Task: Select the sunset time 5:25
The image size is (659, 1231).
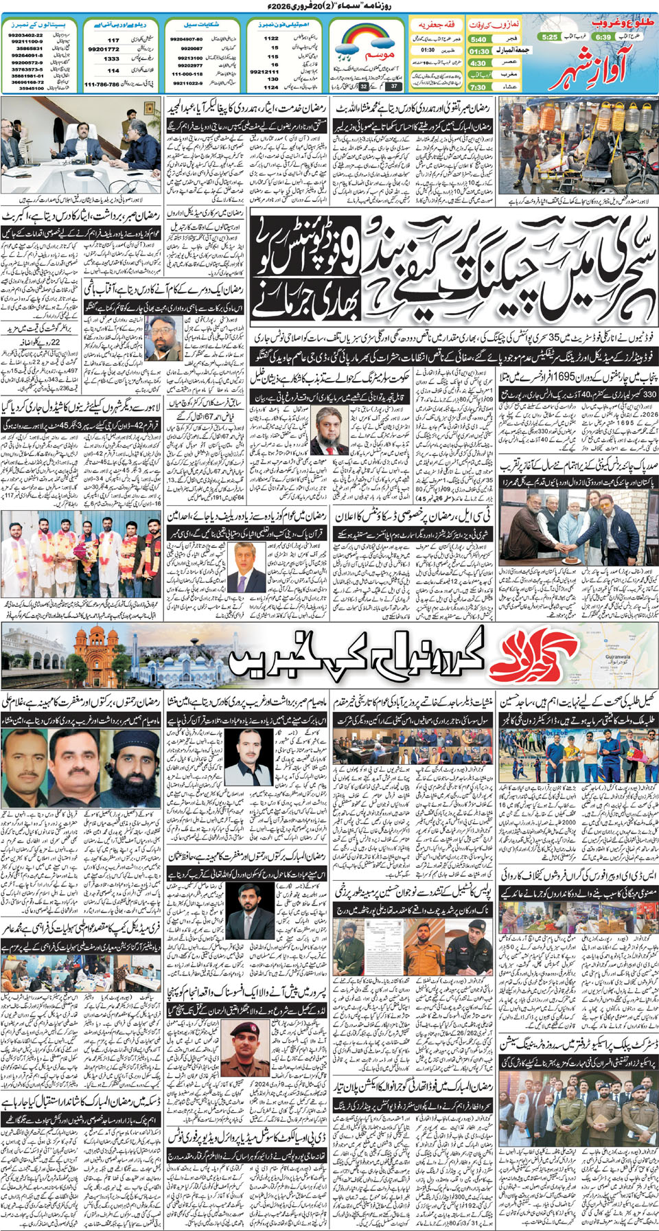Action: point(549,36)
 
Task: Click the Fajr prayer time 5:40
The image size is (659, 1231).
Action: point(478,40)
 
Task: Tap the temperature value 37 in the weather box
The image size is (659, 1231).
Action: point(393,87)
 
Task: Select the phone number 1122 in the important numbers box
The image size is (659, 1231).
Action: point(272,38)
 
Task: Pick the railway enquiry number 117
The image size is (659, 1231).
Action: point(113,40)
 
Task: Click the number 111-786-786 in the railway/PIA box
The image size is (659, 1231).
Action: point(102,84)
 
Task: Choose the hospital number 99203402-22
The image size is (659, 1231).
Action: point(25,35)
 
